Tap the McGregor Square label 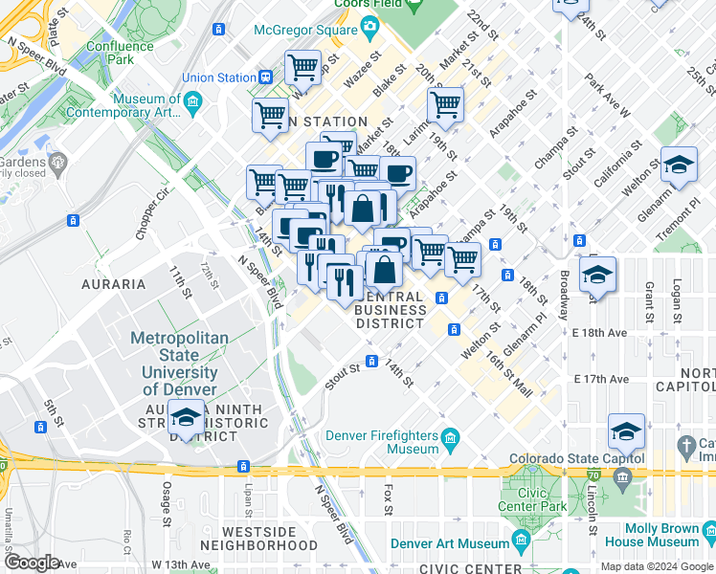click(x=305, y=30)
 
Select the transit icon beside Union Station click(x=265, y=77)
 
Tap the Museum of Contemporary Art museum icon click(x=192, y=99)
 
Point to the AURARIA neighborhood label click(x=113, y=284)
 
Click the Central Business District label click(x=391, y=310)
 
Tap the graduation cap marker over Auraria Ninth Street click(x=185, y=418)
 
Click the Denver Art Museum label click(x=457, y=544)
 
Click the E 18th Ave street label click(x=600, y=333)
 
